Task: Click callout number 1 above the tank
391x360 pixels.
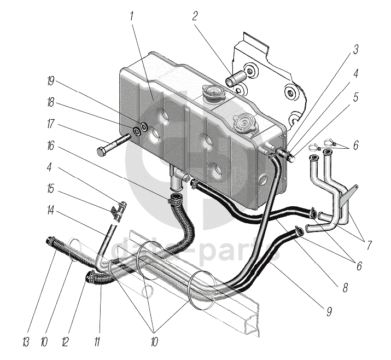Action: pyautogui.click(x=132, y=17)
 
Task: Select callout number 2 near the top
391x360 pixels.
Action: pyautogui.click(x=195, y=16)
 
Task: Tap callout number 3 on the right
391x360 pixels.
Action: pyautogui.click(x=355, y=51)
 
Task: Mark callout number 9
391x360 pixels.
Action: pyautogui.click(x=329, y=312)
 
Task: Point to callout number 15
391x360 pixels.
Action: pyautogui.click(x=50, y=189)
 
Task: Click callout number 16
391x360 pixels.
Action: pyautogui.click(x=50, y=147)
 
